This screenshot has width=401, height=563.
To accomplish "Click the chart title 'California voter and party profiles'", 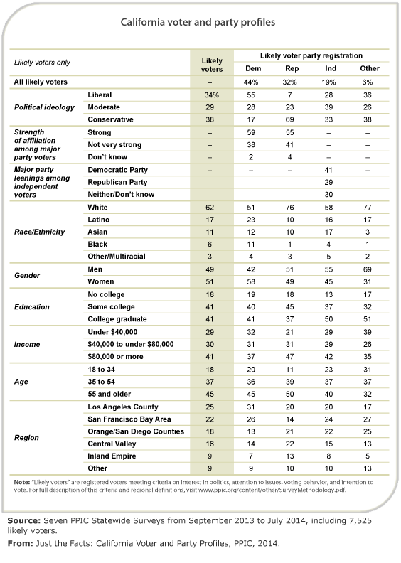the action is pos(198,23).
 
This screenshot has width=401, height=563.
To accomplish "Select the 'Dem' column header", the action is pos(253,68).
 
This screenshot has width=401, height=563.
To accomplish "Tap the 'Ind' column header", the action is pos(331,68).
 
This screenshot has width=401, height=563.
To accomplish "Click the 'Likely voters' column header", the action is pos(212,65).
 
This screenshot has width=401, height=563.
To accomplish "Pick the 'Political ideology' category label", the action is pos(44,107).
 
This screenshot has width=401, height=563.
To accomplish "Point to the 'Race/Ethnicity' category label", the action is pos(40,232).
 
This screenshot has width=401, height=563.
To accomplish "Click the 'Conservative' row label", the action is pos(110,119).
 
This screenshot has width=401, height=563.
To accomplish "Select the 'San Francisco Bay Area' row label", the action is pos(129,419).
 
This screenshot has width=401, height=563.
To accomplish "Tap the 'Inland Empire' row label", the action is pos(112,456).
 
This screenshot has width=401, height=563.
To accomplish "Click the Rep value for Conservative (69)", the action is pos(289,119).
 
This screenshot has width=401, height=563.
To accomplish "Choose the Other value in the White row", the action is pos(368,208).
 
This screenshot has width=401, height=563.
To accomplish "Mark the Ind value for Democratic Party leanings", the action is pos(328,170).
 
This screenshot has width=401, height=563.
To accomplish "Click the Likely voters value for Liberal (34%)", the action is pos(212,95).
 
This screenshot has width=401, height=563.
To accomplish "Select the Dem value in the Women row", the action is pos(251,282).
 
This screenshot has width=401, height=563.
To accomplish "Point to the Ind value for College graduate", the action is pos(328,319).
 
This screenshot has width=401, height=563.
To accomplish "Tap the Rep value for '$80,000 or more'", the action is pos(289,357).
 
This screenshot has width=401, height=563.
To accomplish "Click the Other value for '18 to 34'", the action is pos(368,370).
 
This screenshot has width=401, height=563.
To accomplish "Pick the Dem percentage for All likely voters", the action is pos(251,82).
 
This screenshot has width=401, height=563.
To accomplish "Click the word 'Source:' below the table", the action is pos(24,520).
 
